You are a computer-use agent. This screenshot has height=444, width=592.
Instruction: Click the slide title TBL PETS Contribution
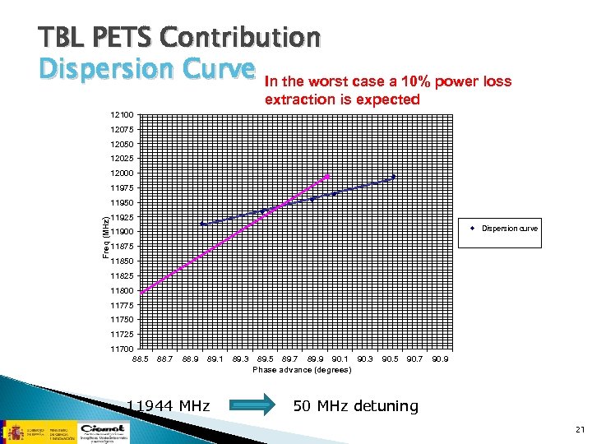(178, 37)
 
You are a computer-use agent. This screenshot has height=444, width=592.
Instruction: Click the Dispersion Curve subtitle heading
(146, 71)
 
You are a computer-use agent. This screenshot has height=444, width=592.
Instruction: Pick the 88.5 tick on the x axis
(141, 359)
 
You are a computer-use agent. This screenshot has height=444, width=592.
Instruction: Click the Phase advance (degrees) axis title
(302, 370)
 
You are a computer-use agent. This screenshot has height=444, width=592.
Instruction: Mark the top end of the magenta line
(328, 176)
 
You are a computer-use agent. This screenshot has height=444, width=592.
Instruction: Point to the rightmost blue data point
(394, 177)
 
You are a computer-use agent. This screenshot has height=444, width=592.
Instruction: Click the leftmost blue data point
(202, 224)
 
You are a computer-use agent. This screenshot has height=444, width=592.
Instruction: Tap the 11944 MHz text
(168, 405)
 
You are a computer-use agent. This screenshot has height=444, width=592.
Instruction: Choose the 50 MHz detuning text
(356, 405)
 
